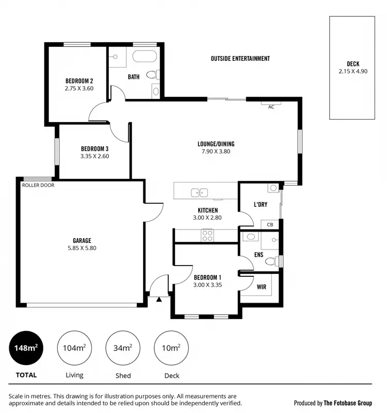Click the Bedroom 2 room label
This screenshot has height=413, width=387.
79,81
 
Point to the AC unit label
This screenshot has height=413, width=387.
271,107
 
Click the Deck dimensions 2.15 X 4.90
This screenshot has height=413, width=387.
353,72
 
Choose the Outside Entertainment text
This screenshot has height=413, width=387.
240,59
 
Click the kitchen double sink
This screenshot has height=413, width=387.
199,193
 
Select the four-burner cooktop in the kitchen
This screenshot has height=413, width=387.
207,235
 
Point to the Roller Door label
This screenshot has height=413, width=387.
38,185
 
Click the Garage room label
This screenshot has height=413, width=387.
82,240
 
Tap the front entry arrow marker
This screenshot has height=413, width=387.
159,298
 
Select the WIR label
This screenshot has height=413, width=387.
261,287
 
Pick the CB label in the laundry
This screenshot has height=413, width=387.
270,225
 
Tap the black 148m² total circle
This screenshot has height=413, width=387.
26,349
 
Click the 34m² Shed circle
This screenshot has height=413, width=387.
123,349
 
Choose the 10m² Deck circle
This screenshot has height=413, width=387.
171,349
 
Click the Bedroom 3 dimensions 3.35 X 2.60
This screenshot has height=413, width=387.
94,156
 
